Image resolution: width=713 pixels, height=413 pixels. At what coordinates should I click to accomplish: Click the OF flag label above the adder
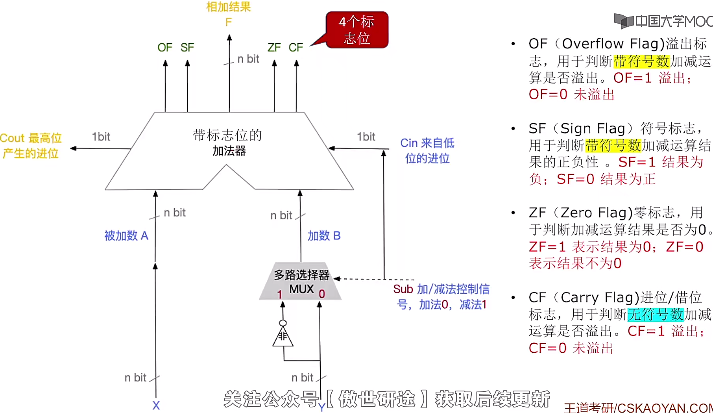point(165,48)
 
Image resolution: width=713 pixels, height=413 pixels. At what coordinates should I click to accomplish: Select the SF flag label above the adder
point(187,48)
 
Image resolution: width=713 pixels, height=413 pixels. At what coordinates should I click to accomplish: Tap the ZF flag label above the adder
point(274,48)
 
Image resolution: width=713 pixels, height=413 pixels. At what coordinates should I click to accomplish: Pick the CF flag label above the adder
point(296,48)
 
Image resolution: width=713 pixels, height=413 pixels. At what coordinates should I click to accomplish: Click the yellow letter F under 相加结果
point(229,22)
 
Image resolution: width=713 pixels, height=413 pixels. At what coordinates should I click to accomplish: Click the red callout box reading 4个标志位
point(357,30)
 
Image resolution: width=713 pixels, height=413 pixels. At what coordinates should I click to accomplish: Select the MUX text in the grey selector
point(301,289)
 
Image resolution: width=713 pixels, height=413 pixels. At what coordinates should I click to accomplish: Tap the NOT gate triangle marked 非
point(283,337)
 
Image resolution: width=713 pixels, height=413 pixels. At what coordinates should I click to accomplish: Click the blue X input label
point(156,406)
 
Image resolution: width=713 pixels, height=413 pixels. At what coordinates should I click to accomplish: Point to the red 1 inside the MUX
point(279,294)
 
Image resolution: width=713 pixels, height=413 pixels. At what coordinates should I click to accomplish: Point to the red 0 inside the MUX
point(322,294)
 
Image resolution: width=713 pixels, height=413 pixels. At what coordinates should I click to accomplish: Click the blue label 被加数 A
point(126,236)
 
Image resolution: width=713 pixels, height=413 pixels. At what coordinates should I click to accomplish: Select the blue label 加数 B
point(324,236)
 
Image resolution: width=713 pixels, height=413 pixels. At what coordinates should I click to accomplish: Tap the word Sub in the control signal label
point(403,289)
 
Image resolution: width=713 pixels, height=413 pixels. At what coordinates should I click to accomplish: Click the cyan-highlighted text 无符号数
point(655,315)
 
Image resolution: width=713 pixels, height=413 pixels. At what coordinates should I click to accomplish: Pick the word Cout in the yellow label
point(12,138)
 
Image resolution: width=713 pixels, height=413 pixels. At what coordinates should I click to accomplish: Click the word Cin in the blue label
point(409,143)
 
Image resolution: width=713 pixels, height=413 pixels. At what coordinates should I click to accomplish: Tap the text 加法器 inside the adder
point(229,151)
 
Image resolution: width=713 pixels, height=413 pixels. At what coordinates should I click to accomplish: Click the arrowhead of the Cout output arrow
point(74,148)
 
